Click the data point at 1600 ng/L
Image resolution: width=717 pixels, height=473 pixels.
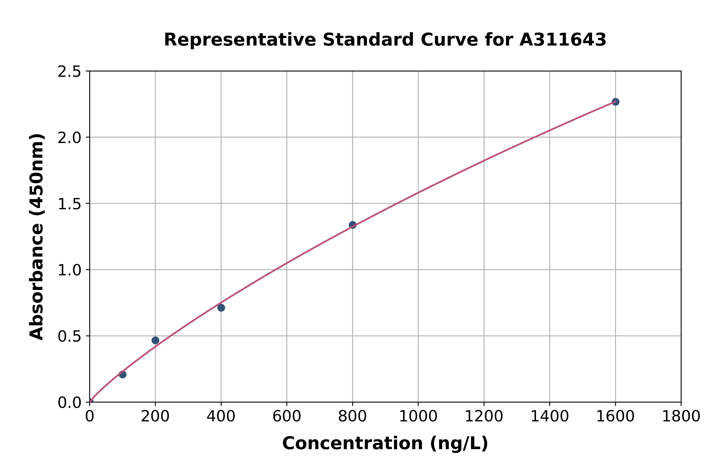pos(615,102)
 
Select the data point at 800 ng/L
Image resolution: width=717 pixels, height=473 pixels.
pos(352,225)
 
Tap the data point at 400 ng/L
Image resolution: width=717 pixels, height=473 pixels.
pos(221,308)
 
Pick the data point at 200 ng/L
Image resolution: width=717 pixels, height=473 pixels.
pos(155,340)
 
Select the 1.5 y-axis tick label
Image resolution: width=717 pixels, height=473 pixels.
pos(69,204)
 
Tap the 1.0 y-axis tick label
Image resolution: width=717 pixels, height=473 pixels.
pos(69,270)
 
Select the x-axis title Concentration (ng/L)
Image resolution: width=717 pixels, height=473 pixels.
pos(385,443)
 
